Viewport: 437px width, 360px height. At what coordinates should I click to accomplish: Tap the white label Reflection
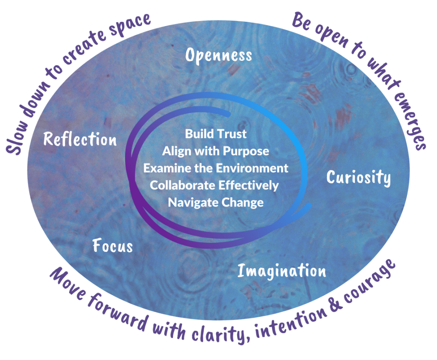coord(80,139)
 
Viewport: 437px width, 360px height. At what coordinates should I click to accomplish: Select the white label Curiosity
coord(358,177)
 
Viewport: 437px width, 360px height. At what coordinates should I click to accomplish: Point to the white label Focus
coord(113,246)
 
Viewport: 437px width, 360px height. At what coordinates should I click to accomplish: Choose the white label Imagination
coord(282,271)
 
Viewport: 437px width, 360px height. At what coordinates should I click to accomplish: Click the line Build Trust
coord(216,134)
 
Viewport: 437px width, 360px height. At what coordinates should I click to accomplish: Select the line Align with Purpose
coord(216,151)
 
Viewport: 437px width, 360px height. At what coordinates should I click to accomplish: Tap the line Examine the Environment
coord(216,168)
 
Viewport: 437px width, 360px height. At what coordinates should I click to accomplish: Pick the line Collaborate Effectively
coord(214,185)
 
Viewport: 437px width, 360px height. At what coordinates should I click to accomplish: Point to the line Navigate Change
coord(216,202)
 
